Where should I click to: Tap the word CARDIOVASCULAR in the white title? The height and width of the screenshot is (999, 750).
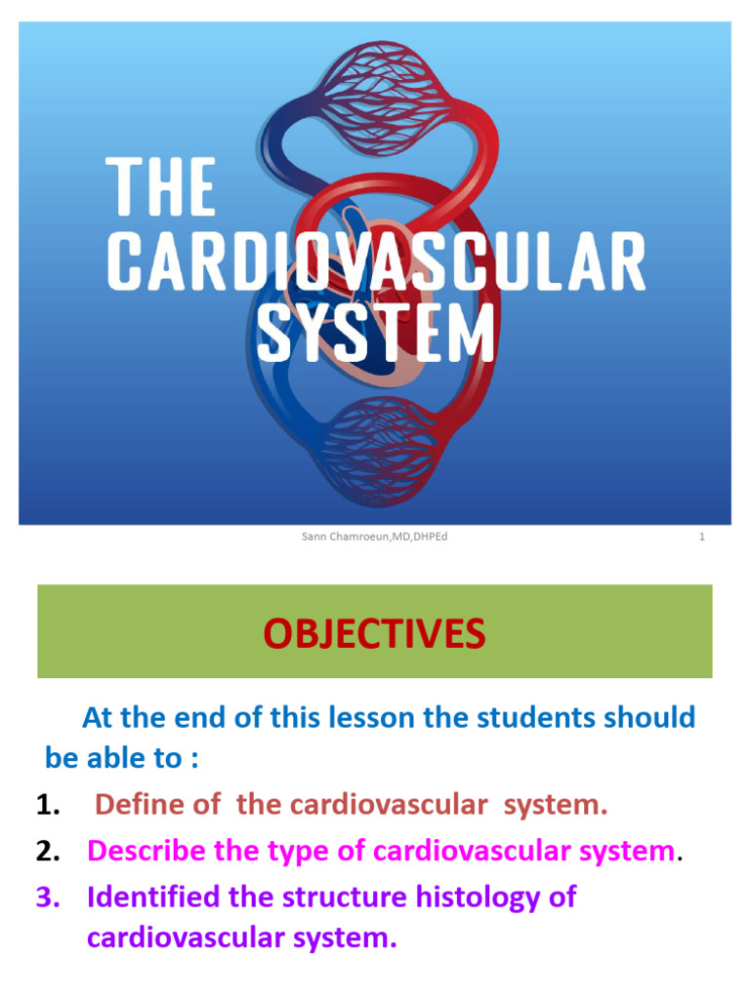pos(375,262)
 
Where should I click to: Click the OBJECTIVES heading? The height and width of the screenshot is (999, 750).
pos(374,634)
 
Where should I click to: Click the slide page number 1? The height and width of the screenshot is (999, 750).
pos(701,537)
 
